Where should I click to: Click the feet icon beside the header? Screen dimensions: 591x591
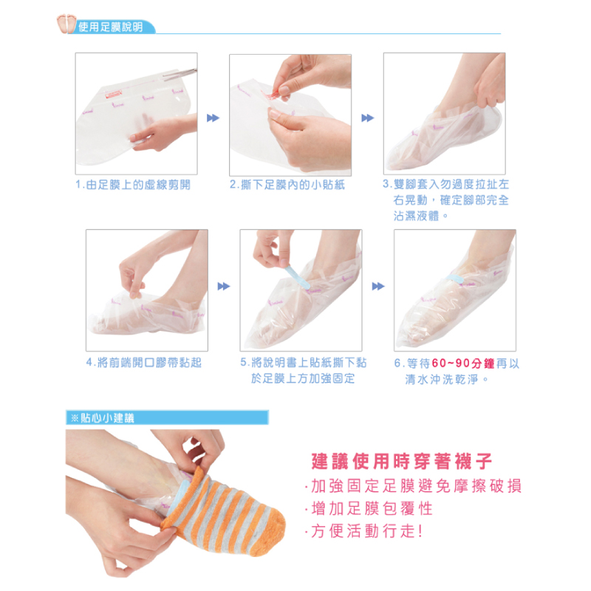pos(66,24)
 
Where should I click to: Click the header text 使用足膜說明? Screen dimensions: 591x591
pos(111,27)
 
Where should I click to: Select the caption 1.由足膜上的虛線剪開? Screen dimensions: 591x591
pos(133,185)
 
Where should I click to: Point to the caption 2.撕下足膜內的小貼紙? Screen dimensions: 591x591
pos(287,185)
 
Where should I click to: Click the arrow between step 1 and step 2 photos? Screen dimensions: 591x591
pos(213,118)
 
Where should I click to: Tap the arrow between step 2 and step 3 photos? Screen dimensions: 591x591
pos(367,118)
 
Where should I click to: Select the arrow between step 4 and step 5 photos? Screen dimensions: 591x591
pos(224,287)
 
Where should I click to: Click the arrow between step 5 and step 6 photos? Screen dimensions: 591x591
pos(378,287)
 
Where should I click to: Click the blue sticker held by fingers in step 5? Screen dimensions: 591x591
pos(298,278)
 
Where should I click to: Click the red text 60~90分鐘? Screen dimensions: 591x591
pos(463,363)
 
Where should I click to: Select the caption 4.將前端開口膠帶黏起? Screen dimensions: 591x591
pos(144,363)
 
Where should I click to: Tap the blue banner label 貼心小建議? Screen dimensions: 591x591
pos(107,418)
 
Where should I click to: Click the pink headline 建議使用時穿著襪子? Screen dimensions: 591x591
pos(402,461)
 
